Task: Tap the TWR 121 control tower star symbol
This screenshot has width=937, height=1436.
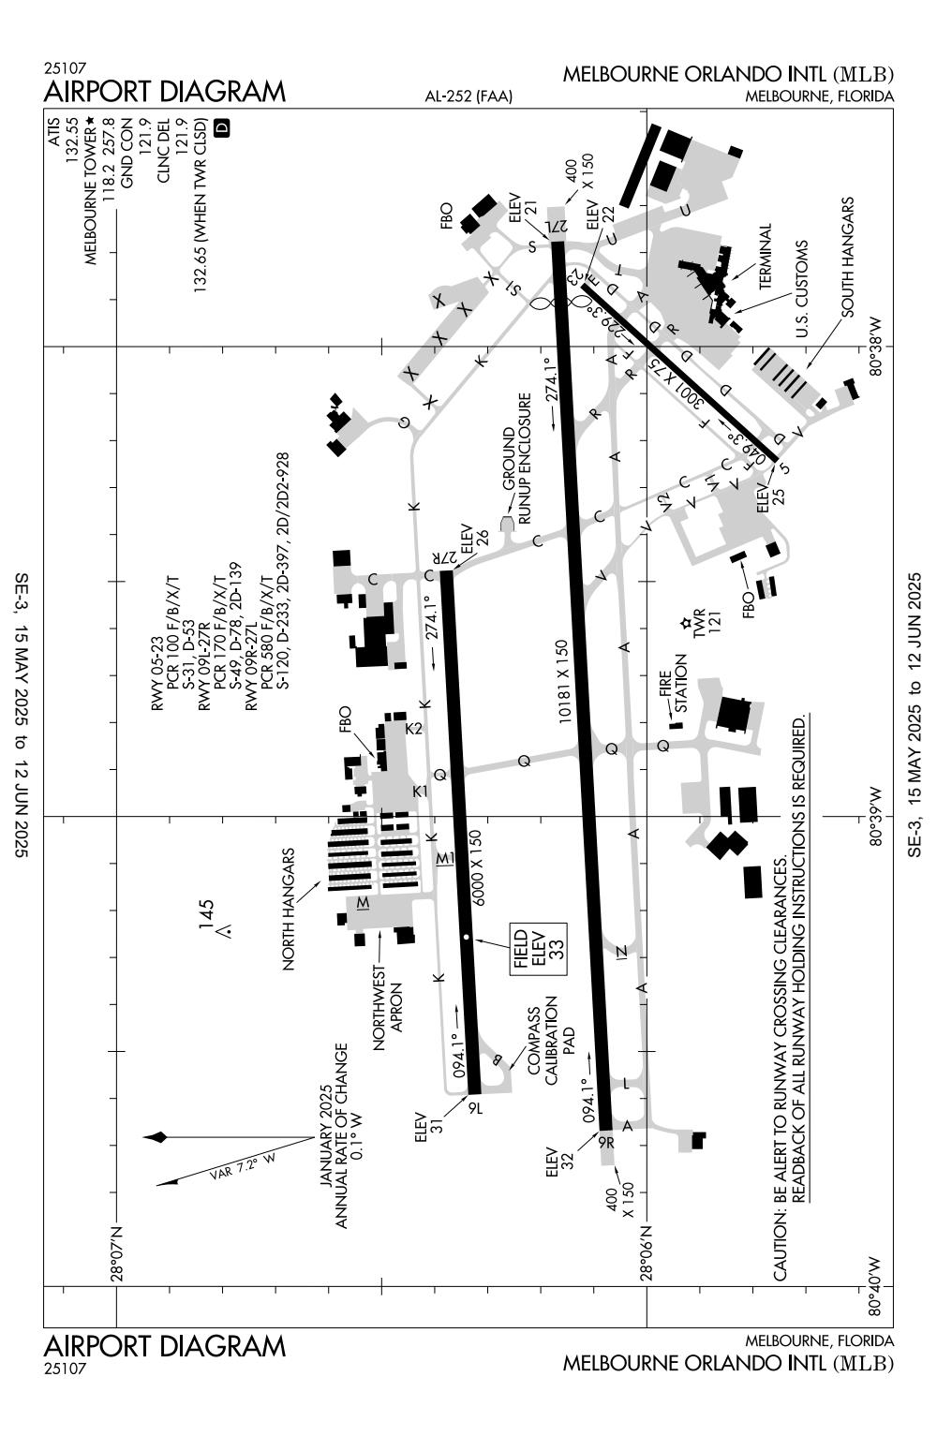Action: [686, 622]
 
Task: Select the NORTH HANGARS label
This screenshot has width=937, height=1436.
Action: [289, 909]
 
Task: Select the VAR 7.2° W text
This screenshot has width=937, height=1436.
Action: [243, 1163]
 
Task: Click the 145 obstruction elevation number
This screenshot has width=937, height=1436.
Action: [206, 914]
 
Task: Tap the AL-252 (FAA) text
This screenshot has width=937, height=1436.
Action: [469, 96]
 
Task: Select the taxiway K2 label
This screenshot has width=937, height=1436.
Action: [414, 728]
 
